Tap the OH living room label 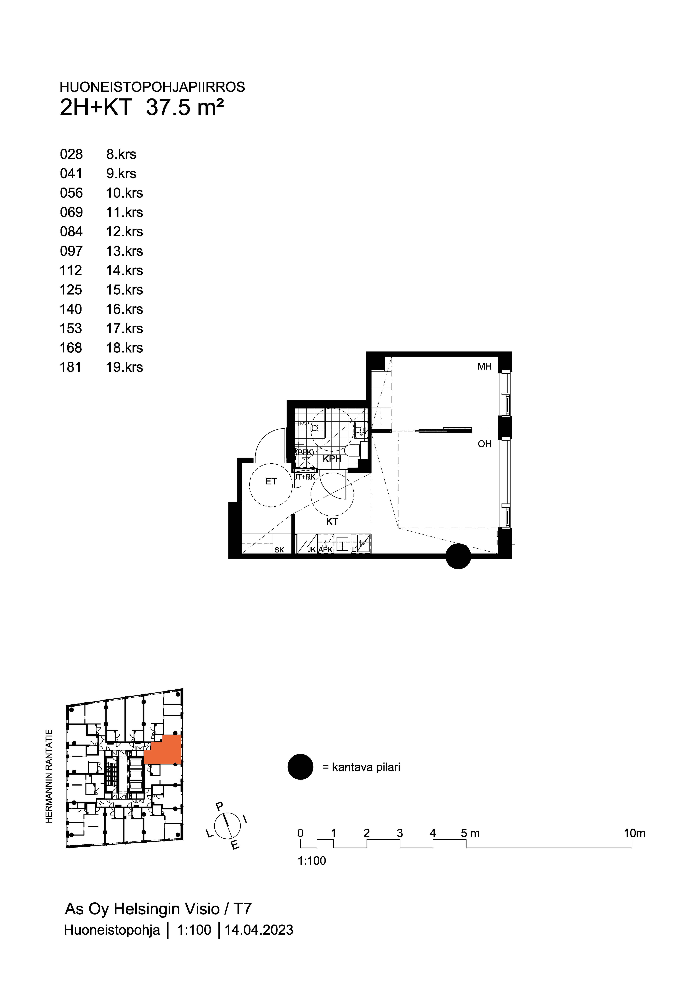tap(485, 444)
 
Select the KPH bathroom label tap(332, 459)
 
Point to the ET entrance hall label tap(271, 481)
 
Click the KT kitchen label tap(332, 522)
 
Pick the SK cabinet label tap(279, 550)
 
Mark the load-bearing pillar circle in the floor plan tap(458, 556)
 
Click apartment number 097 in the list tap(71, 251)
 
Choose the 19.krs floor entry tap(124, 367)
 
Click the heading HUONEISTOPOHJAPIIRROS tap(152, 87)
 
